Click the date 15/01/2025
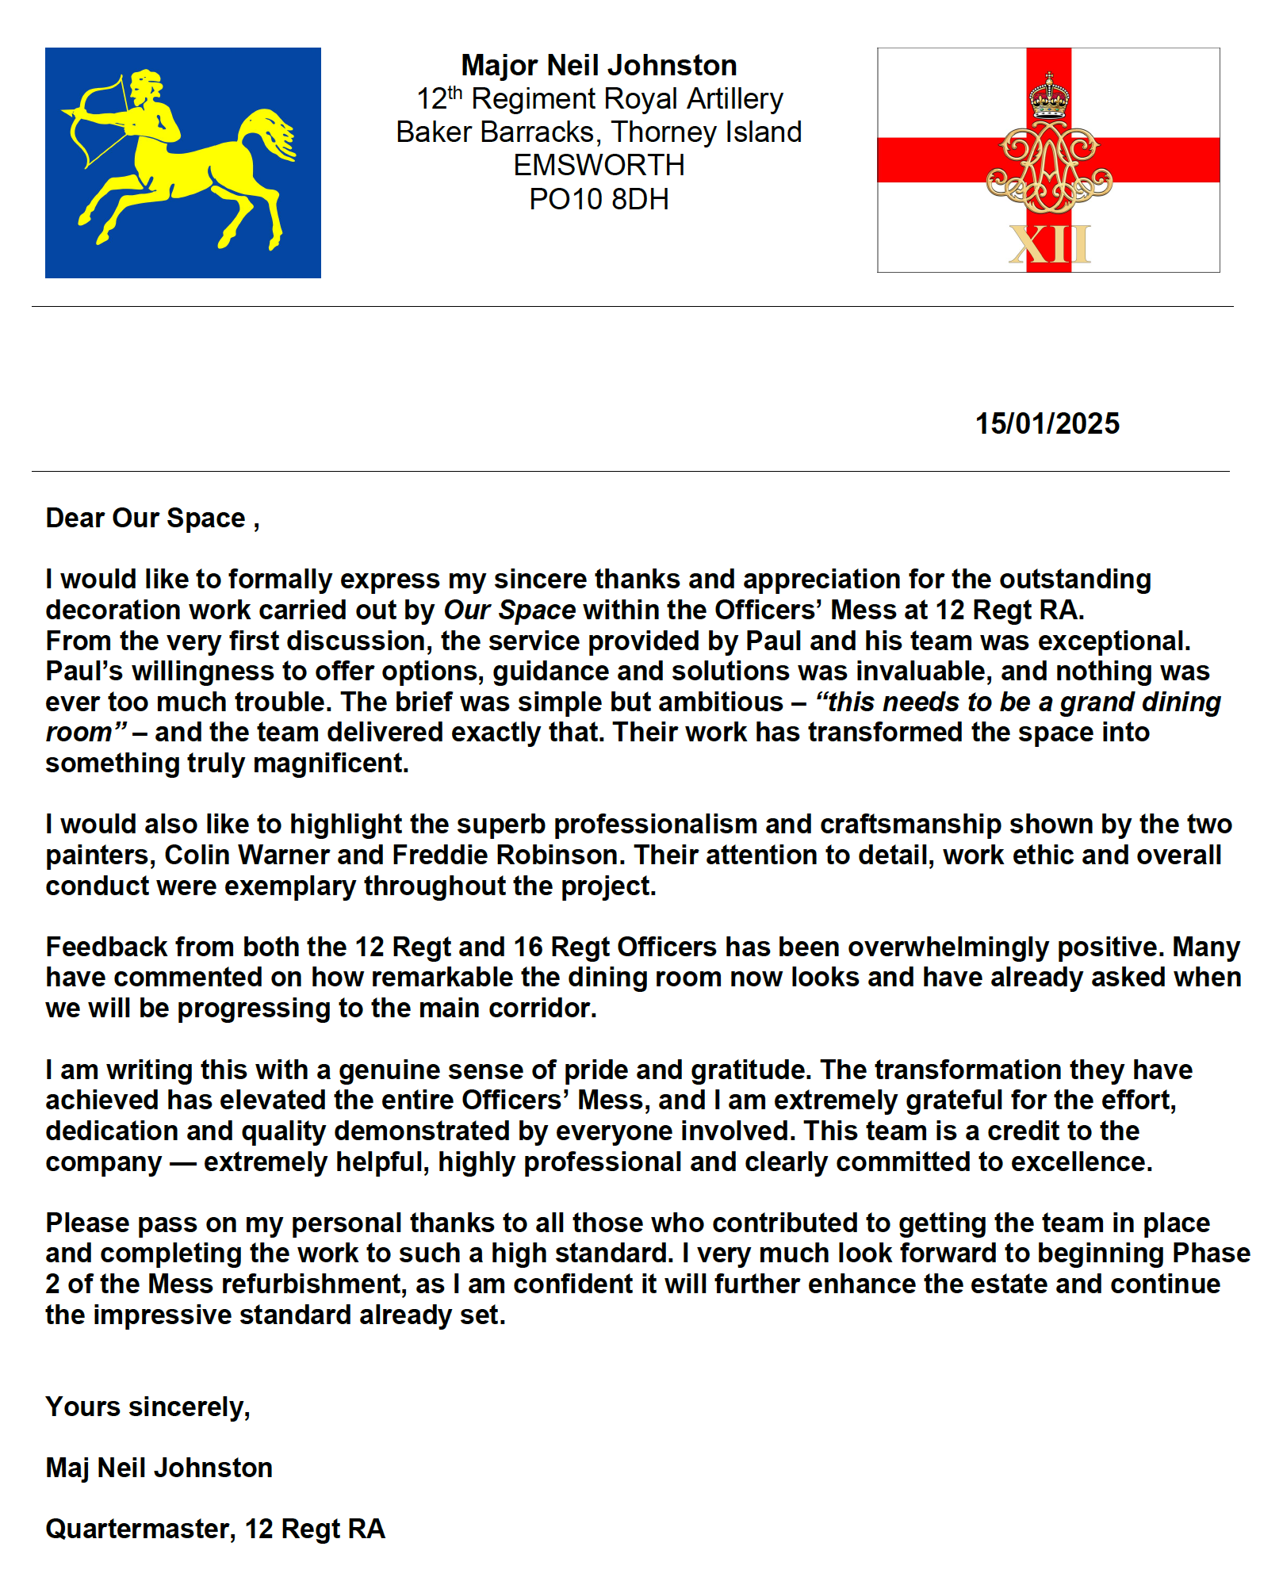(1047, 424)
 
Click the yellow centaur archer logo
(183, 163)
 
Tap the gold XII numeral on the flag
(1049, 245)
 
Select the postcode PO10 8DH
(599, 199)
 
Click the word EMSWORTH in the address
(599, 166)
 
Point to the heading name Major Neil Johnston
(599, 65)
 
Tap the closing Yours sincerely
(147, 1407)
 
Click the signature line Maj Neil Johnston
(159, 1468)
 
